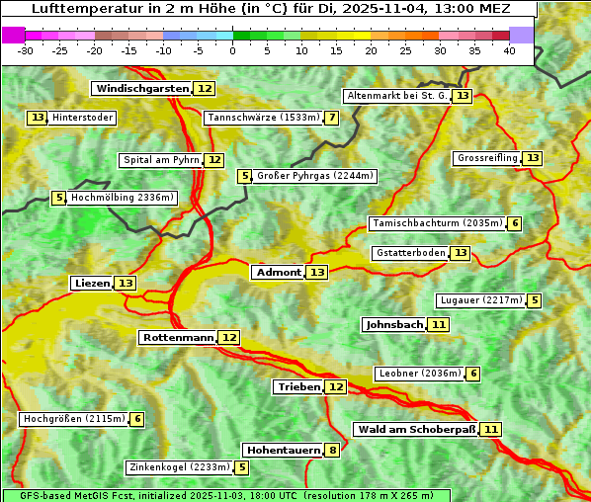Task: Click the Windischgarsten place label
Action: click(x=141, y=89)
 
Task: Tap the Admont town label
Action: click(x=278, y=273)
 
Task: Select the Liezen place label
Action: click(x=92, y=284)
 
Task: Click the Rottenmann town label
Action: click(x=178, y=338)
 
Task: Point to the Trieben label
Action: click(x=298, y=387)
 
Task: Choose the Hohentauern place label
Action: click(x=284, y=451)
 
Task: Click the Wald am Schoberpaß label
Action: click(x=416, y=430)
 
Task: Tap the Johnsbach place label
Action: click(x=394, y=324)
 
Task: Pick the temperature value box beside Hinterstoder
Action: click(x=38, y=119)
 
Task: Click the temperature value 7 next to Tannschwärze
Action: click(x=332, y=119)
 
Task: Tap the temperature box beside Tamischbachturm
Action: click(x=514, y=223)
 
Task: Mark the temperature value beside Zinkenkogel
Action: click(x=242, y=467)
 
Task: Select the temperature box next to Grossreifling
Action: click(x=533, y=158)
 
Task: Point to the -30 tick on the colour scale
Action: click(x=26, y=50)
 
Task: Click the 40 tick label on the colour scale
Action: click(x=509, y=50)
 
